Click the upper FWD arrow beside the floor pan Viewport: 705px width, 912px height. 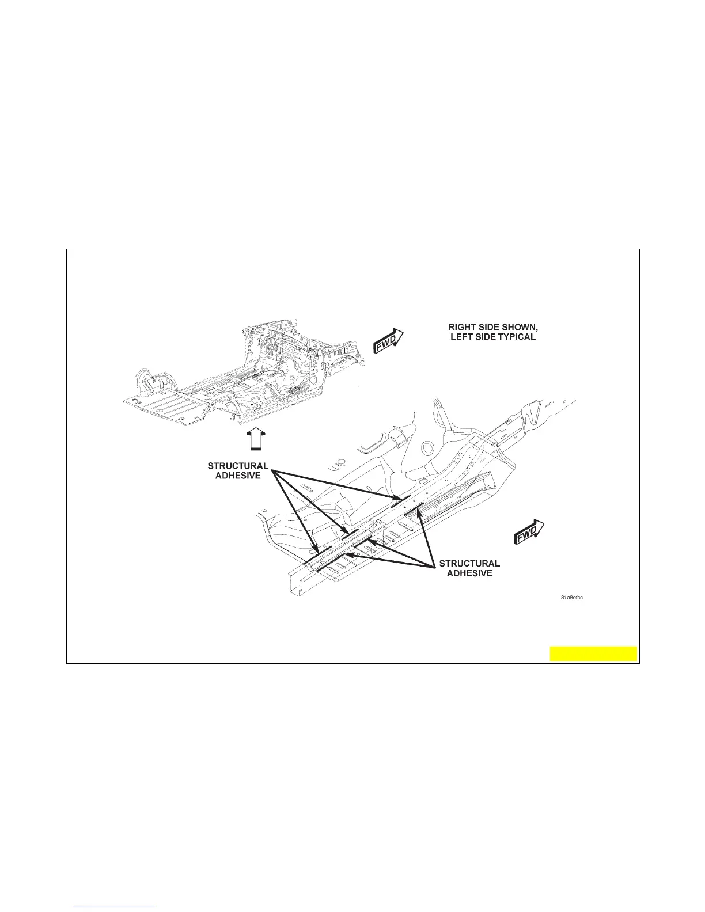tap(389, 340)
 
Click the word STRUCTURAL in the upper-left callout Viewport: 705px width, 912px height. tap(238, 466)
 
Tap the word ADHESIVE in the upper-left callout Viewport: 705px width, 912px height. tap(238, 476)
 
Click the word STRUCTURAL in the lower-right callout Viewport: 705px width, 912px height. tap(469, 563)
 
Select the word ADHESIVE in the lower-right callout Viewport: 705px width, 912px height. tap(469, 573)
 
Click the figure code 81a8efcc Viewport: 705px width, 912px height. tap(571, 598)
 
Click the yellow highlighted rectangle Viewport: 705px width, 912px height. tap(593, 653)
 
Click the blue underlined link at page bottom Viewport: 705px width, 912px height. tap(115, 907)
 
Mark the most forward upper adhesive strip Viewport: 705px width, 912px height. tap(400, 497)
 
